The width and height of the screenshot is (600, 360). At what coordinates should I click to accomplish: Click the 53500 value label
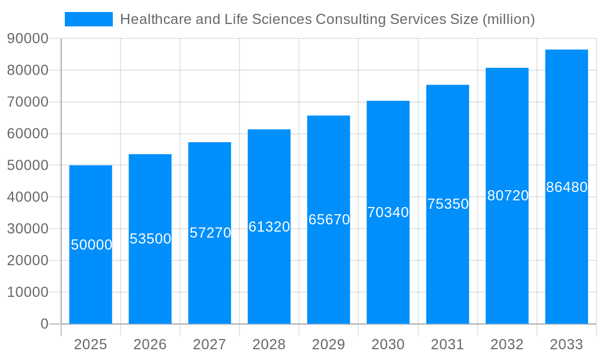(151, 239)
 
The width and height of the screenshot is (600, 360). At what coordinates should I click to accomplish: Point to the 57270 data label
(210, 233)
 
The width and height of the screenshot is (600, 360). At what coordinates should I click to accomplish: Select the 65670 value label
(329, 220)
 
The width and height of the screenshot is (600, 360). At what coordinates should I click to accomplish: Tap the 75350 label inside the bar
(448, 204)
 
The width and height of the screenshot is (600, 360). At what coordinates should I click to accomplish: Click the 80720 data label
(508, 196)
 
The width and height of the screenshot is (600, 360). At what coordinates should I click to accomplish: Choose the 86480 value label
(566, 187)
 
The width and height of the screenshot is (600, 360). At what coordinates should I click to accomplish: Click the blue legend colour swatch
(88, 19)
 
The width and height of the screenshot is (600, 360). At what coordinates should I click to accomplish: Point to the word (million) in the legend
(508, 19)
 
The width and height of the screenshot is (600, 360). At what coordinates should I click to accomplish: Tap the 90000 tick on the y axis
(28, 38)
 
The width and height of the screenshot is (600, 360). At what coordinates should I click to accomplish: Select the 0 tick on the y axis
(44, 324)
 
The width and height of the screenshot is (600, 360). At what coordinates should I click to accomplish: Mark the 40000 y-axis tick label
(28, 197)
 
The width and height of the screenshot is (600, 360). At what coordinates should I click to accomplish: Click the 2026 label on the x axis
(150, 344)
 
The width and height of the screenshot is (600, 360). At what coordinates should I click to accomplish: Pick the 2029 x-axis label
(329, 344)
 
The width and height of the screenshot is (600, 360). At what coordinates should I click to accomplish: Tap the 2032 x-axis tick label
(507, 344)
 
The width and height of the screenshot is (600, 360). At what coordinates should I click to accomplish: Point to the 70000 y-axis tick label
(28, 102)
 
